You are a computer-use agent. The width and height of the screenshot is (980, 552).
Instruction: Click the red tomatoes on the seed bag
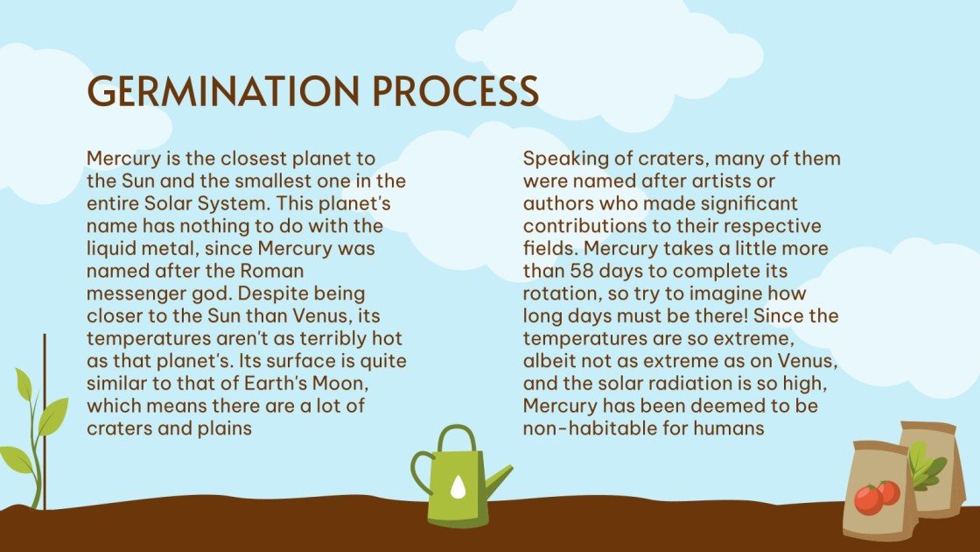[x=876, y=497]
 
